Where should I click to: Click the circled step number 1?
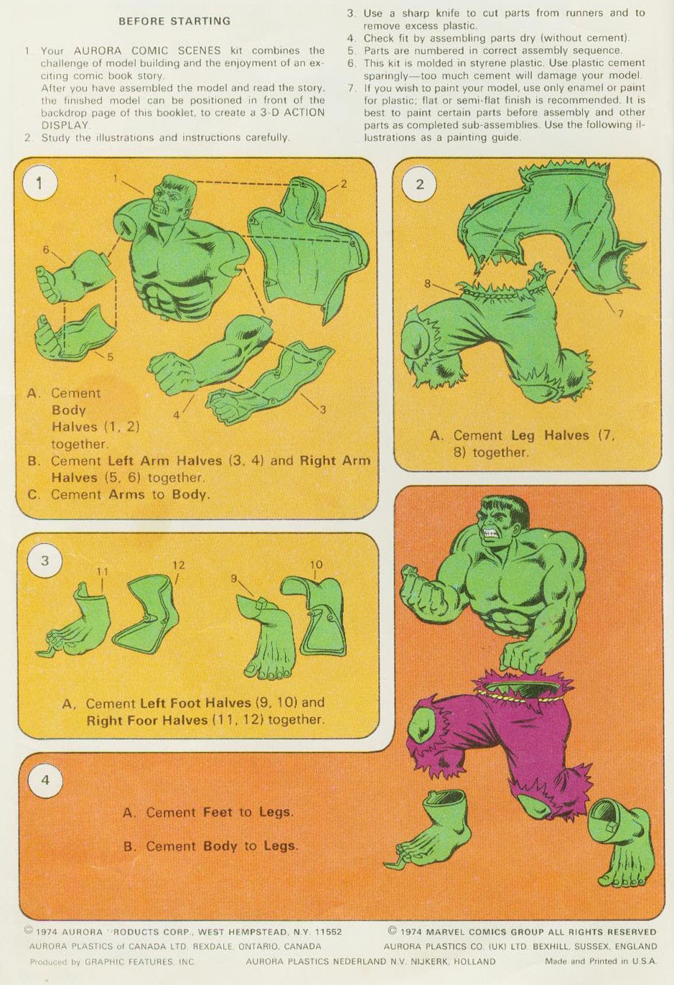click(39, 184)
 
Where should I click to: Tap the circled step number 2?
click(420, 184)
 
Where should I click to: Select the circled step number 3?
click(45, 561)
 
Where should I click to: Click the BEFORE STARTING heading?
click(175, 21)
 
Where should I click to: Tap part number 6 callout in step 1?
click(46, 249)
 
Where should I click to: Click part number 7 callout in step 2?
click(620, 313)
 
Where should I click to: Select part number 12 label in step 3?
click(179, 565)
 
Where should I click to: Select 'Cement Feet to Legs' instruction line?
click(208, 812)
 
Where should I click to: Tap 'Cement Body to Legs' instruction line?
click(211, 846)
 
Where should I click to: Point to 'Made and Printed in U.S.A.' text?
click(600, 961)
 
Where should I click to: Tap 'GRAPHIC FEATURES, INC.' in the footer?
click(140, 962)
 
